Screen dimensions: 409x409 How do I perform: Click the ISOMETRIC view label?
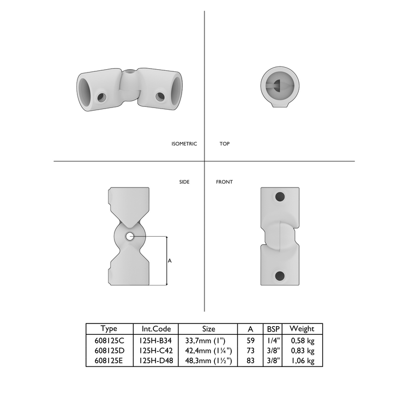point(184,144)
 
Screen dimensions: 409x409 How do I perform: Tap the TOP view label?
point(224,144)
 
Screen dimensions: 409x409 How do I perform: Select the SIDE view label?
point(184,182)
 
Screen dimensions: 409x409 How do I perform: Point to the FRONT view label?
point(224,182)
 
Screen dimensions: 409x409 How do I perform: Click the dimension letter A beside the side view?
point(170,261)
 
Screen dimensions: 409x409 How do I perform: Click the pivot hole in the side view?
point(129,237)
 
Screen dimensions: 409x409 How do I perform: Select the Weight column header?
point(302,329)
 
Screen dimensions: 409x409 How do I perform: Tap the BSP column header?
point(273,329)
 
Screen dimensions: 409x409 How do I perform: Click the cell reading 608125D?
point(110,351)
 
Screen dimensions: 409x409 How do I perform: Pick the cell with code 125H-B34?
point(155,341)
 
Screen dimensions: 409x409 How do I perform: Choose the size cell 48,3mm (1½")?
point(208,360)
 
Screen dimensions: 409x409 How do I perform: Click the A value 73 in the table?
point(251,351)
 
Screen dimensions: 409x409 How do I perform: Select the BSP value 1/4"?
point(273,341)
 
